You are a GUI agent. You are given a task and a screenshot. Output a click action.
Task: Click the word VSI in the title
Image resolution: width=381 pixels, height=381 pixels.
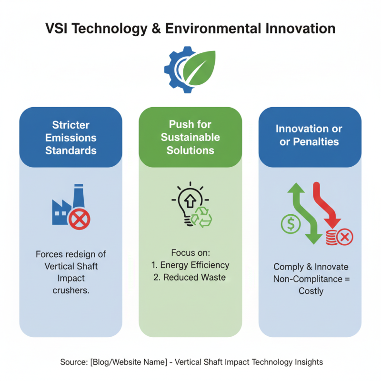coord(60,28)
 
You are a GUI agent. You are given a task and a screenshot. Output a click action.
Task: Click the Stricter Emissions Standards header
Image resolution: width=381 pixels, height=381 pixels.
coord(71,138)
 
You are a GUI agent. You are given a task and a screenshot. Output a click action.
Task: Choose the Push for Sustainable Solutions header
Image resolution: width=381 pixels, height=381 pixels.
coord(190,137)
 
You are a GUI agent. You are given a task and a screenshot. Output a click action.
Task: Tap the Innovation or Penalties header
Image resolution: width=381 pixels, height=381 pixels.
coord(310,135)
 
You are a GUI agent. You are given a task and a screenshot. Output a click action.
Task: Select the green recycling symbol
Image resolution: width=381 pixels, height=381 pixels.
coord(201,217)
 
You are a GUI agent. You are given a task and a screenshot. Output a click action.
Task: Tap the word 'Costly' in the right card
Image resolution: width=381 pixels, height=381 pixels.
coord(311,291)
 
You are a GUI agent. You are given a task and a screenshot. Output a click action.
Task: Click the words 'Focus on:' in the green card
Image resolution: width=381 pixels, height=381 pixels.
coord(190,253)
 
